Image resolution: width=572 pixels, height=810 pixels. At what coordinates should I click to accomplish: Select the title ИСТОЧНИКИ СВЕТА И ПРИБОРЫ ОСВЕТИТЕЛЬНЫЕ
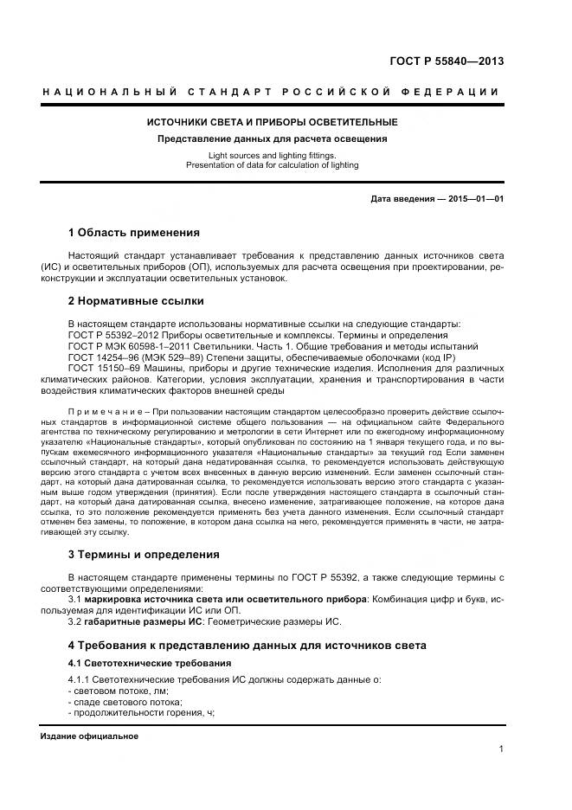(272, 122)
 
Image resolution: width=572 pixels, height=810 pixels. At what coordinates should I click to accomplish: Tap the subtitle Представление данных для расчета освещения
(272, 138)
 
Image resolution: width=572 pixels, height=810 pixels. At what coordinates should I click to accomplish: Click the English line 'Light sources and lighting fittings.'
(272, 156)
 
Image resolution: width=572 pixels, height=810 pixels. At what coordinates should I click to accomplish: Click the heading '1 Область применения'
(133, 233)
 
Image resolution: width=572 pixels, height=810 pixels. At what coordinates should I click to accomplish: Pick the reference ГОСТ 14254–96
(101, 357)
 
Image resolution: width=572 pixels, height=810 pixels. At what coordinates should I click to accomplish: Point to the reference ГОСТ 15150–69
(101, 368)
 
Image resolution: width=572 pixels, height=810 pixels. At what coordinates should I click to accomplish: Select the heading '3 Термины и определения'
(143, 554)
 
